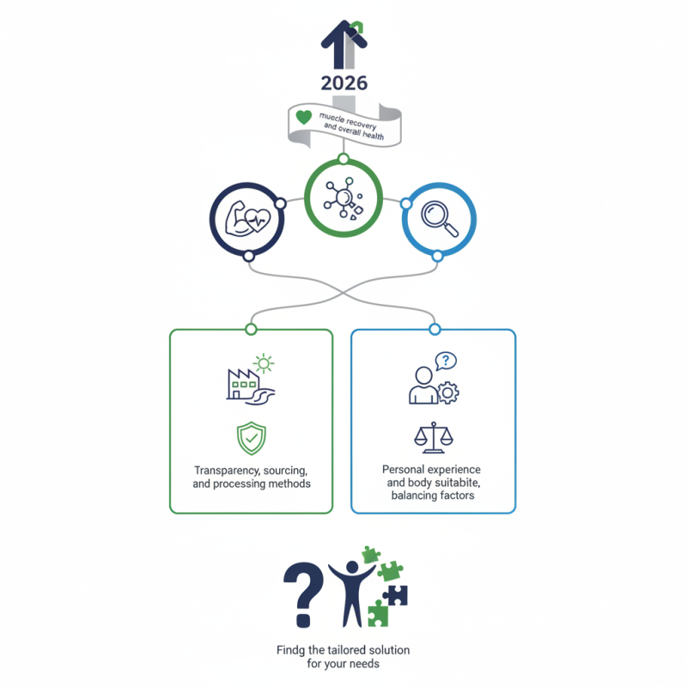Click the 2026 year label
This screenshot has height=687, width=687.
point(344,83)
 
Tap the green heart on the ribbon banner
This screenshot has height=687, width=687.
point(304,117)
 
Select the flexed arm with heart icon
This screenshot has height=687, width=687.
point(247,219)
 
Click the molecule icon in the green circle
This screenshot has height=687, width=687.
point(343,198)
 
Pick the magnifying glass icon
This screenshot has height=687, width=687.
point(440,219)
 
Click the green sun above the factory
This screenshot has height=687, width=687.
point(264,363)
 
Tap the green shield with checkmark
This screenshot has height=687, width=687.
point(252,438)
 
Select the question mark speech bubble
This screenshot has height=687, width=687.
point(446,361)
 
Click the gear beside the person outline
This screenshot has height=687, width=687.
point(447,393)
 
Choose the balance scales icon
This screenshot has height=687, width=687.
point(434,437)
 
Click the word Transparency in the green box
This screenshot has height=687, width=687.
point(222,471)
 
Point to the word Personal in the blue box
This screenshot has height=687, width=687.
point(403,470)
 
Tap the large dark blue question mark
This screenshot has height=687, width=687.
point(303,595)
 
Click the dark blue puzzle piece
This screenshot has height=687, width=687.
point(396,596)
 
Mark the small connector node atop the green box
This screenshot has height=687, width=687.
point(251,329)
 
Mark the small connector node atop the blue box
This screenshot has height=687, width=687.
point(435,329)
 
